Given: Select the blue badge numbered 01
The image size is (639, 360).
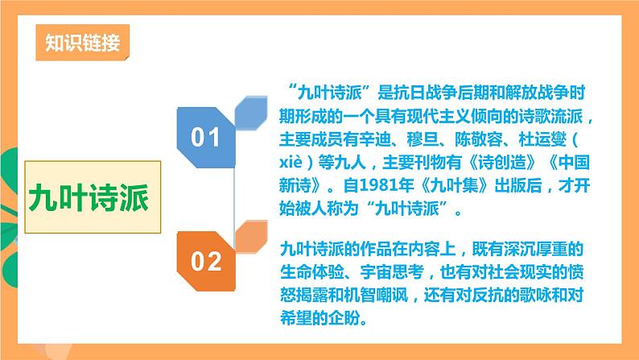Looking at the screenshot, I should click(x=205, y=138).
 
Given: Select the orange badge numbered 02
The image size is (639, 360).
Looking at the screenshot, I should click(x=205, y=261).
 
